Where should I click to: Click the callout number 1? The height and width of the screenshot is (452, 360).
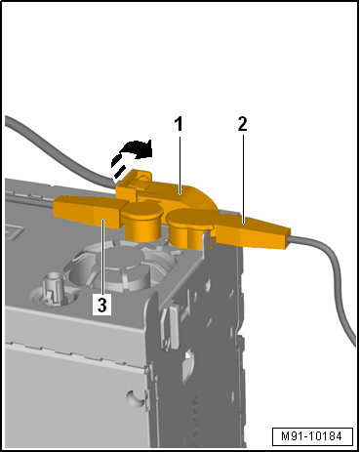tap(179, 124)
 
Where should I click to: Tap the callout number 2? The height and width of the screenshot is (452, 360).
tap(243, 124)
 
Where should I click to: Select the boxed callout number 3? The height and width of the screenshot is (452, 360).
tap(102, 305)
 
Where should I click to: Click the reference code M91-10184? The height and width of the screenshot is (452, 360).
tap(312, 436)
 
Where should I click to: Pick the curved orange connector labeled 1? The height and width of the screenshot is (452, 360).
tap(169, 192)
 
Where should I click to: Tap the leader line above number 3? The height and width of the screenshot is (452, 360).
tap(102, 257)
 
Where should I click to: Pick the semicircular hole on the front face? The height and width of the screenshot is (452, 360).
tap(136, 398)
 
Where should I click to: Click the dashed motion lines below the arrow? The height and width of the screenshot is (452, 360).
tap(118, 169)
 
